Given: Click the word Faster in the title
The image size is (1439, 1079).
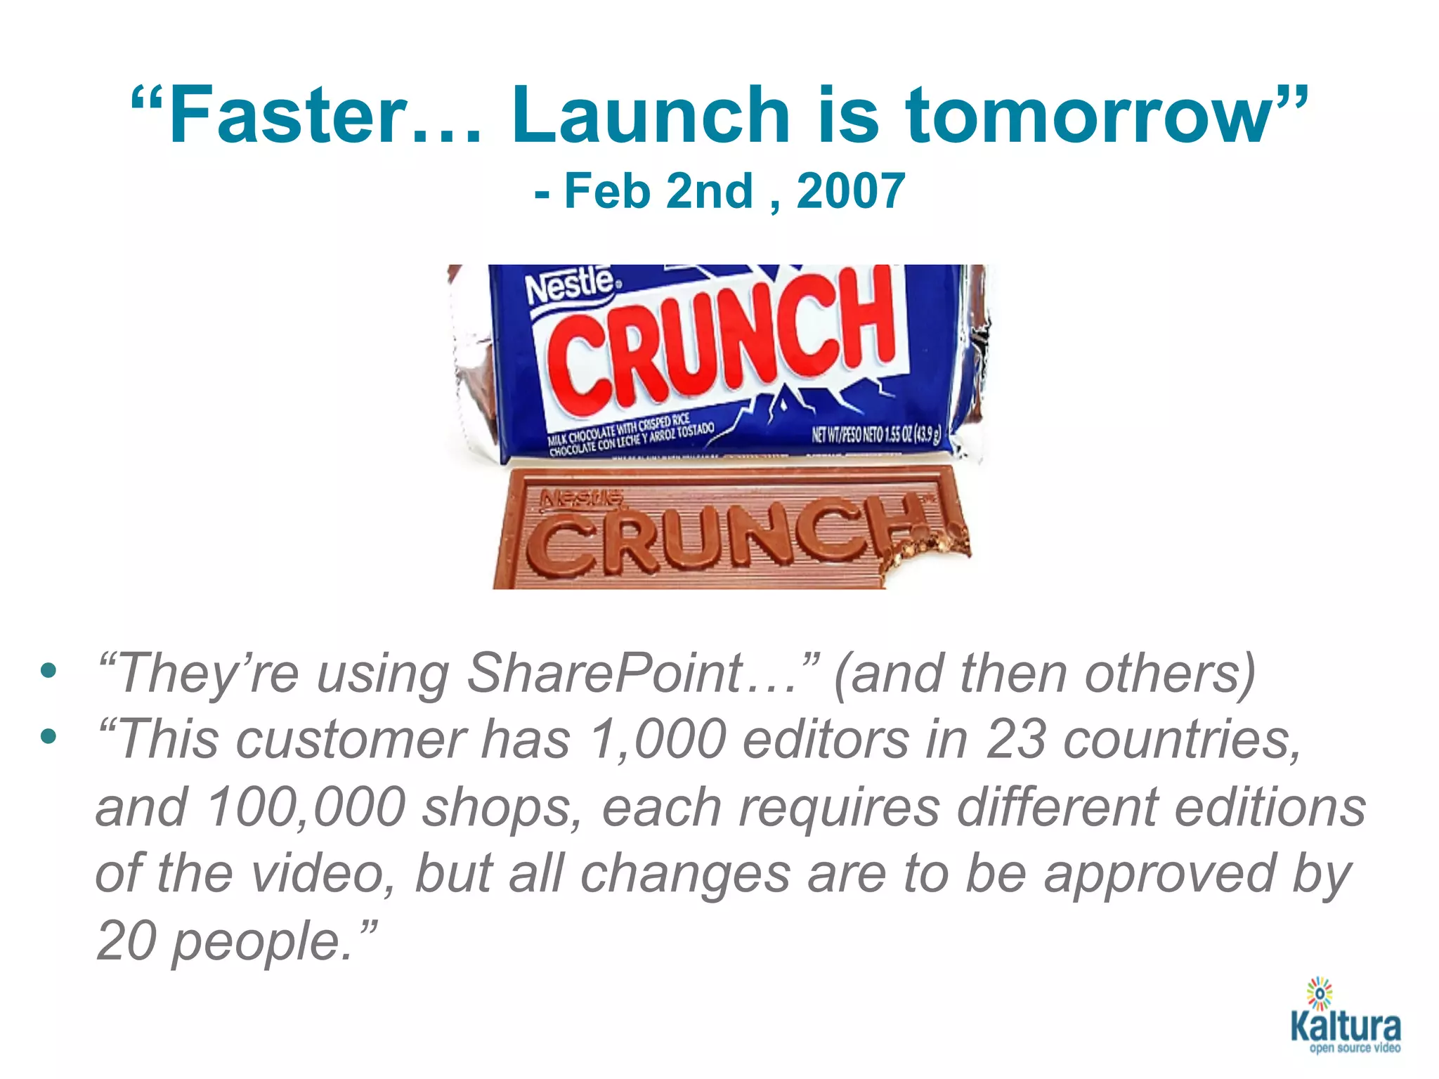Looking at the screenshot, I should (288, 116).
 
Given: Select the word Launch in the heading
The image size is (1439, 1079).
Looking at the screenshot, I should (651, 116).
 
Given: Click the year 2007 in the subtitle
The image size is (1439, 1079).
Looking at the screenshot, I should (850, 191).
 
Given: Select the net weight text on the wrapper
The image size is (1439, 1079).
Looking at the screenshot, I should (875, 434).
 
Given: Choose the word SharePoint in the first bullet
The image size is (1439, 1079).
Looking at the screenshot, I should (604, 673).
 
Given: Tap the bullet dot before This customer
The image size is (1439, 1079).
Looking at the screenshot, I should (48, 737).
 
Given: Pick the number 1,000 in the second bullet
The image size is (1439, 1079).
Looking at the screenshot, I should (657, 740).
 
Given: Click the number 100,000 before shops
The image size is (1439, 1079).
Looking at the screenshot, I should (306, 807).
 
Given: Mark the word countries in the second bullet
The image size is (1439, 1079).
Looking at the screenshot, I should (1180, 740).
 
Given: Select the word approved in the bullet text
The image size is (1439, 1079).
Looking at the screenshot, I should (1159, 875).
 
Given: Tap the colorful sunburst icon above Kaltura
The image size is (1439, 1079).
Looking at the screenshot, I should (1320, 993).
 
